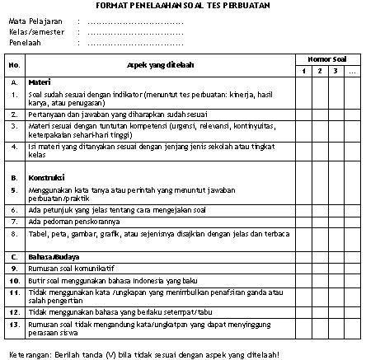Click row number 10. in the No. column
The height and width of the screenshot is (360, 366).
[x=15, y=279]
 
